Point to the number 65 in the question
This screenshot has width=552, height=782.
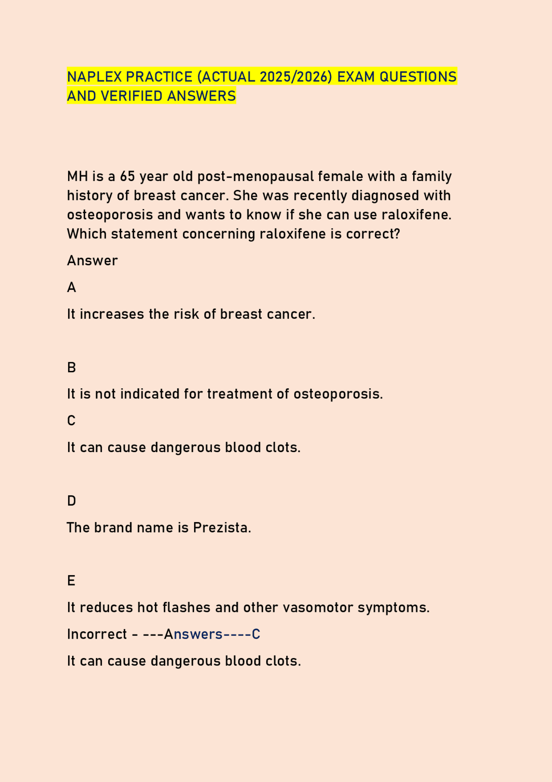[x=128, y=176]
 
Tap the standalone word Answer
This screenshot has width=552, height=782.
[x=92, y=260]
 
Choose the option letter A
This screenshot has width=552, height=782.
[x=72, y=288]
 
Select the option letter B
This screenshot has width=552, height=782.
[x=72, y=367]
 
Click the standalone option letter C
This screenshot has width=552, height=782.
[x=72, y=421]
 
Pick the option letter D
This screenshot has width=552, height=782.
[x=72, y=501]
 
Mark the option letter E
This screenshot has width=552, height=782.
[x=71, y=581]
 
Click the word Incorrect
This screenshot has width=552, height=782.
[x=97, y=634]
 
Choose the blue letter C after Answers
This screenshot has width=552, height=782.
[x=256, y=634]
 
